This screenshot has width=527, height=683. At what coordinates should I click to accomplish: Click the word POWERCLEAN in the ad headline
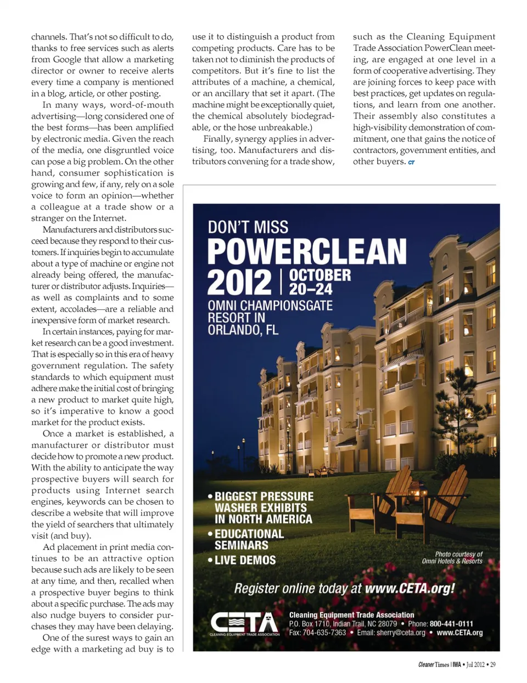pyautogui.click(x=307, y=251)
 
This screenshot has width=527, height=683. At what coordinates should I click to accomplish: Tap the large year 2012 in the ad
pyautogui.click(x=239, y=283)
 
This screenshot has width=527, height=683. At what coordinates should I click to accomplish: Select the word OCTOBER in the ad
pyautogui.click(x=319, y=275)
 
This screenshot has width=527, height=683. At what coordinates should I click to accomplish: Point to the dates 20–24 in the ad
pyautogui.click(x=311, y=289)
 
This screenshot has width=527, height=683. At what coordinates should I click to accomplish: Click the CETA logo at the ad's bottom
pyautogui.click(x=244, y=624)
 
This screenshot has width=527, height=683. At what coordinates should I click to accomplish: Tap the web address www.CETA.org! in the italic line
pyautogui.click(x=410, y=589)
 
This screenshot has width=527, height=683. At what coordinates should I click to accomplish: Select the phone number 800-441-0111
pyautogui.click(x=451, y=624)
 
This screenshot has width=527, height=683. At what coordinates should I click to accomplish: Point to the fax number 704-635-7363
pyautogui.click(x=323, y=633)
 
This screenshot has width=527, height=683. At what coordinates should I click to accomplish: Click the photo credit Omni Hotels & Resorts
pyautogui.click(x=452, y=561)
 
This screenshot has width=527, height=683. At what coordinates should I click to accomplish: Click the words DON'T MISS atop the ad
pyautogui.click(x=248, y=227)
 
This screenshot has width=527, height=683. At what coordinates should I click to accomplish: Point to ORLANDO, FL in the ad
pyautogui.click(x=243, y=330)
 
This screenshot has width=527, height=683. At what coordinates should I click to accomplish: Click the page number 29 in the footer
pyautogui.click(x=492, y=664)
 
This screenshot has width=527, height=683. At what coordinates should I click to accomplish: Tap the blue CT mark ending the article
pyautogui.click(x=411, y=162)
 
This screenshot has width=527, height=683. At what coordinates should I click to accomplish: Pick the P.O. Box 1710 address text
pyautogui.click(x=310, y=624)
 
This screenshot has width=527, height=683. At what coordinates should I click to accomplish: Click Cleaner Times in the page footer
pyautogui.click(x=433, y=664)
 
